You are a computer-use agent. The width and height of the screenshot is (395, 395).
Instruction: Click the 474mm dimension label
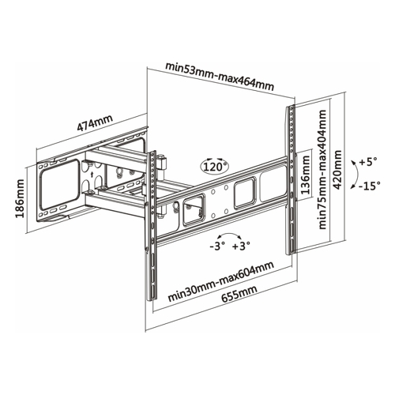click(95, 123)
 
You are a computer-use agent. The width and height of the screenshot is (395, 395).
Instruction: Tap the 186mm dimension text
click(20, 198)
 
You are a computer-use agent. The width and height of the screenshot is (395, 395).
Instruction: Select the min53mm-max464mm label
click(220, 77)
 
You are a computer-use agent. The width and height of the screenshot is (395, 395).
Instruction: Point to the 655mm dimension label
click(239, 294)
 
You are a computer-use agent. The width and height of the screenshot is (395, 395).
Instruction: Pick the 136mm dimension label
click(305, 175)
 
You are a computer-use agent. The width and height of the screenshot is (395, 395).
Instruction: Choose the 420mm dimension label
click(337, 170)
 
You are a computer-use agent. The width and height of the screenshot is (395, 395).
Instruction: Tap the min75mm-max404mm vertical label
click(322, 169)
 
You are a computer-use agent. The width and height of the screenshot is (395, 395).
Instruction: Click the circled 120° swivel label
click(215, 166)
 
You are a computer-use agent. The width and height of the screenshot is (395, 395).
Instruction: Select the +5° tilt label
click(368, 161)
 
